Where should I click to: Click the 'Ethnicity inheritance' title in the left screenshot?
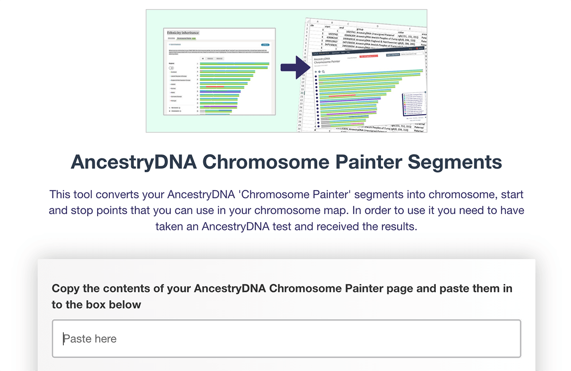pyautogui.click(x=183, y=32)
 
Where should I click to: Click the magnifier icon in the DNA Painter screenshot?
pyautogui.click(x=324, y=72)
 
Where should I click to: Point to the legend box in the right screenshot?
pyautogui.click(x=414, y=104)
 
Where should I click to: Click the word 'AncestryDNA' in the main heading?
pyautogui.click(x=134, y=162)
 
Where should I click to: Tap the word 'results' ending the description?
pyautogui.click(x=399, y=226)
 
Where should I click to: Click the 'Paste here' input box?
pyautogui.click(x=286, y=339)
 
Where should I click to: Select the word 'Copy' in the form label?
pyautogui.click(x=64, y=288)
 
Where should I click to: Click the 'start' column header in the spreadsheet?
pyautogui.click(x=327, y=27)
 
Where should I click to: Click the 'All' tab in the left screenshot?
pyautogui.click(x=202, y=58)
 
